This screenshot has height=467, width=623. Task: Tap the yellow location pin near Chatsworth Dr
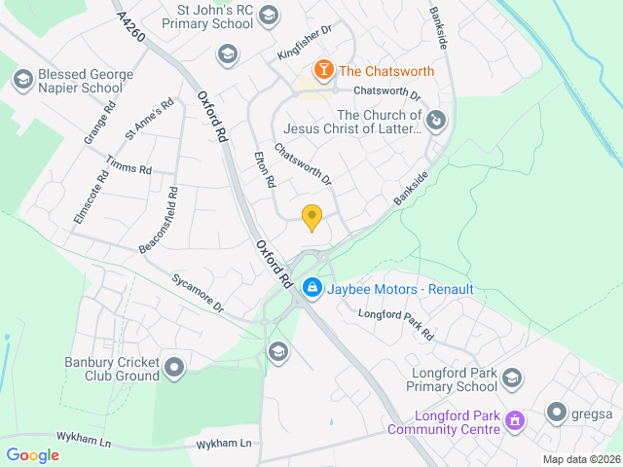[311, 218]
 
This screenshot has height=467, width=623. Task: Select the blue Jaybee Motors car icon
[312, 289]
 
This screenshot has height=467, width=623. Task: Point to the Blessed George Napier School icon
[22, 76]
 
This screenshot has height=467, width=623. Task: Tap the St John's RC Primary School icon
[270, 15]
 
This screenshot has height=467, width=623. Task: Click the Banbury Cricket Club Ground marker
[174, 368]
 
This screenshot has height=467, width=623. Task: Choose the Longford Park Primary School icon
[512, 377]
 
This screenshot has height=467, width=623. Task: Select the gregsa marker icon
[557, 413]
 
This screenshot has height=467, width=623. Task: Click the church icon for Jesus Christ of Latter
[437, 121]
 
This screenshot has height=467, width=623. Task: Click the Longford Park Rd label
[395, 323]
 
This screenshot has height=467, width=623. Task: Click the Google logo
[33, 454]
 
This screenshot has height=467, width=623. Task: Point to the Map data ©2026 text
[580, 459]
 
